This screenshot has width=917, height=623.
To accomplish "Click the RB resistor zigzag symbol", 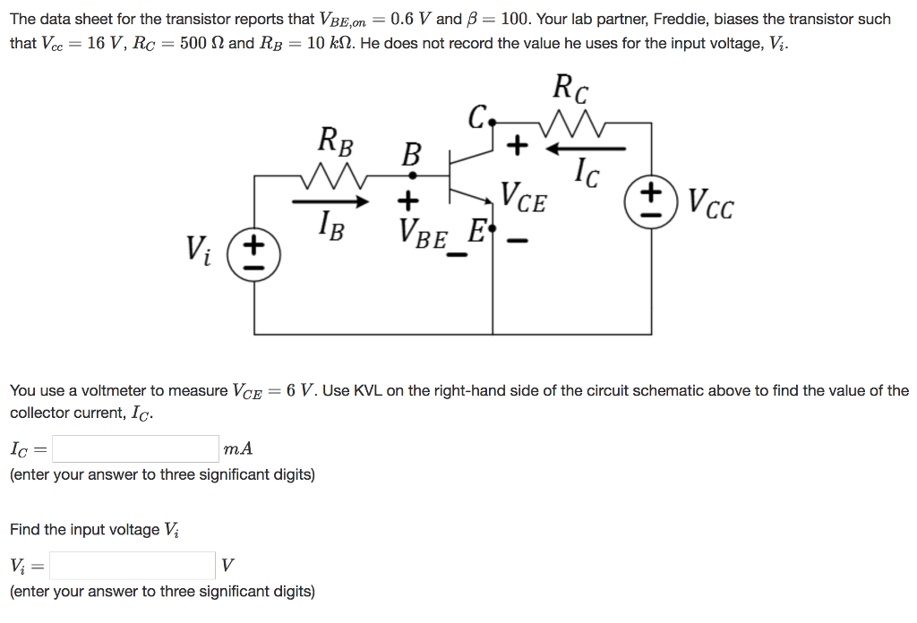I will click(335, 175).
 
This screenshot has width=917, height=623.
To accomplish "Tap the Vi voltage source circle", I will click(255, 253).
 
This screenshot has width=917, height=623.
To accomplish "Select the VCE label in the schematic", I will click(523, 197).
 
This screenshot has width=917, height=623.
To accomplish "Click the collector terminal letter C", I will click(477, 117).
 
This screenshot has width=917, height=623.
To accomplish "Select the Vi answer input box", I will click(133, 566).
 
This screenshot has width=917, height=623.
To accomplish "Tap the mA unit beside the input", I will click(237, 448).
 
